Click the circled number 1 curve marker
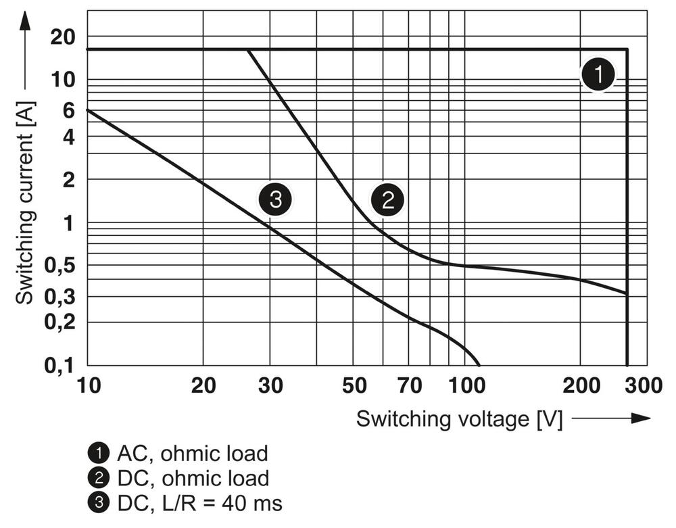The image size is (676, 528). tap(598, 75)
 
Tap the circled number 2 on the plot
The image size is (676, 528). tap(387, 200)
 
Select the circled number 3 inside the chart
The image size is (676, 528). tap(274, 200)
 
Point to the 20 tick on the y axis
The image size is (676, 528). tap(62, 38)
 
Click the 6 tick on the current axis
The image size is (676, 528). tap(68, 110)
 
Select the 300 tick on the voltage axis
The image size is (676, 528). tap(640, 385)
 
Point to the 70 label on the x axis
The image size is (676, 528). tap(409, 385)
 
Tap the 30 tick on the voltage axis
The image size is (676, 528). tap(270, 385)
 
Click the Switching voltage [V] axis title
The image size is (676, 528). tap(460, 418)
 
